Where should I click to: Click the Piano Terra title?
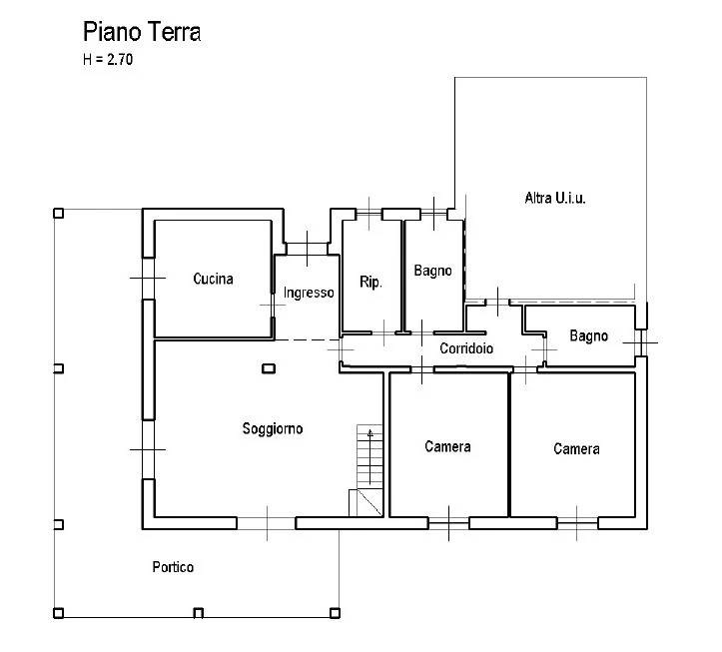[x=142, y=32]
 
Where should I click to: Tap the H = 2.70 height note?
[x=108, y=59]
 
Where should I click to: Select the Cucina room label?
[x=213, y=279]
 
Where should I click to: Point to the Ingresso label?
[x=309, y=293]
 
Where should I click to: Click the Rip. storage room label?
[x=370, y=282]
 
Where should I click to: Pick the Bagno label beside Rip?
[x=432, y=271]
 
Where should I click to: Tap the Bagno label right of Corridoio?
[x=588, y=336]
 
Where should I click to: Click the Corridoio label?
[x=466, y=348]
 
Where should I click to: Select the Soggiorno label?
[x=273, y=429]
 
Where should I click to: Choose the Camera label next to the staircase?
[x=447, y=446]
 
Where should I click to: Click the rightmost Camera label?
[x=576, y=449]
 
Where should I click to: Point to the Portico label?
[x=173, y=567]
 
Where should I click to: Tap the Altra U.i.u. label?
[x=555, y=198]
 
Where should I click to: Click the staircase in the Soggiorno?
[x=369, y=470]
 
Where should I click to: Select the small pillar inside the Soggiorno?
[x=269, y=368]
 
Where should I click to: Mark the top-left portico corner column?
[x=59, y=214]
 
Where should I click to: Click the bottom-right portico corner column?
[x=335, y=613]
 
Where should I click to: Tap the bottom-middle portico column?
[x=198, y=613]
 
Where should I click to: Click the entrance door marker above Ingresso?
[x=308, y=249]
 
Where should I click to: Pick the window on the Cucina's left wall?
[x=148, y=279]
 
